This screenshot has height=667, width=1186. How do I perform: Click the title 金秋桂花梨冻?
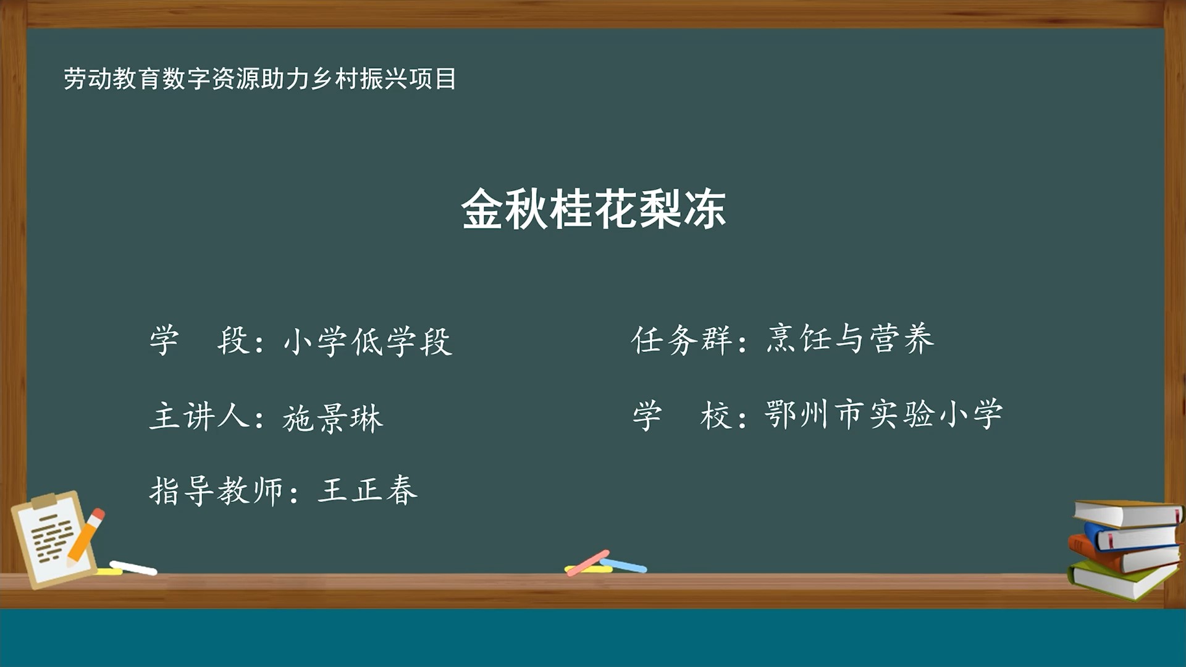593,209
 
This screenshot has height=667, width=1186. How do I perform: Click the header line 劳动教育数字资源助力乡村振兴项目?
259,79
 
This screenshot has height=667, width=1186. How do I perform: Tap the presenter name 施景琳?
333,418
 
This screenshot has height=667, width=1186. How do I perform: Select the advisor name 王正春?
368,491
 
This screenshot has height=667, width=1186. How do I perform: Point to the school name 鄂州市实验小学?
883,414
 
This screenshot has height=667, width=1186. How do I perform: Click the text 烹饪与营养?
851,339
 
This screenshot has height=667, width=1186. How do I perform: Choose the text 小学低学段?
368,342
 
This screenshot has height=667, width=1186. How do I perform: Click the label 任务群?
681,340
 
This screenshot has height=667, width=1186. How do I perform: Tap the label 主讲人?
199,416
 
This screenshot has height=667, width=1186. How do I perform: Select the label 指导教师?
216,492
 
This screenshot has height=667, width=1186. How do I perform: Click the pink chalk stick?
587,563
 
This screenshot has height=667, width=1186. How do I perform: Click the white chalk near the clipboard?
133,568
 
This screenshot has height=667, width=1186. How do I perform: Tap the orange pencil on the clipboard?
86,535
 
